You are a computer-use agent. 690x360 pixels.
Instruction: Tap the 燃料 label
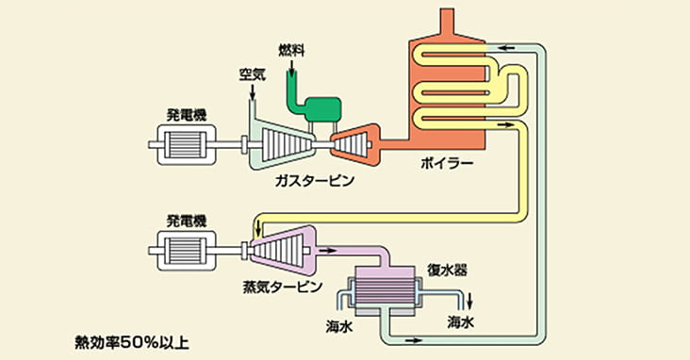click(291, 47)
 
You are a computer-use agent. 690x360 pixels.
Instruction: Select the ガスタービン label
click(314, 180)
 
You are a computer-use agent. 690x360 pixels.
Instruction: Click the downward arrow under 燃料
click(291, 63)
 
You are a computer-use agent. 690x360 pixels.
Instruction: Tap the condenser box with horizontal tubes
click(386, 293)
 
